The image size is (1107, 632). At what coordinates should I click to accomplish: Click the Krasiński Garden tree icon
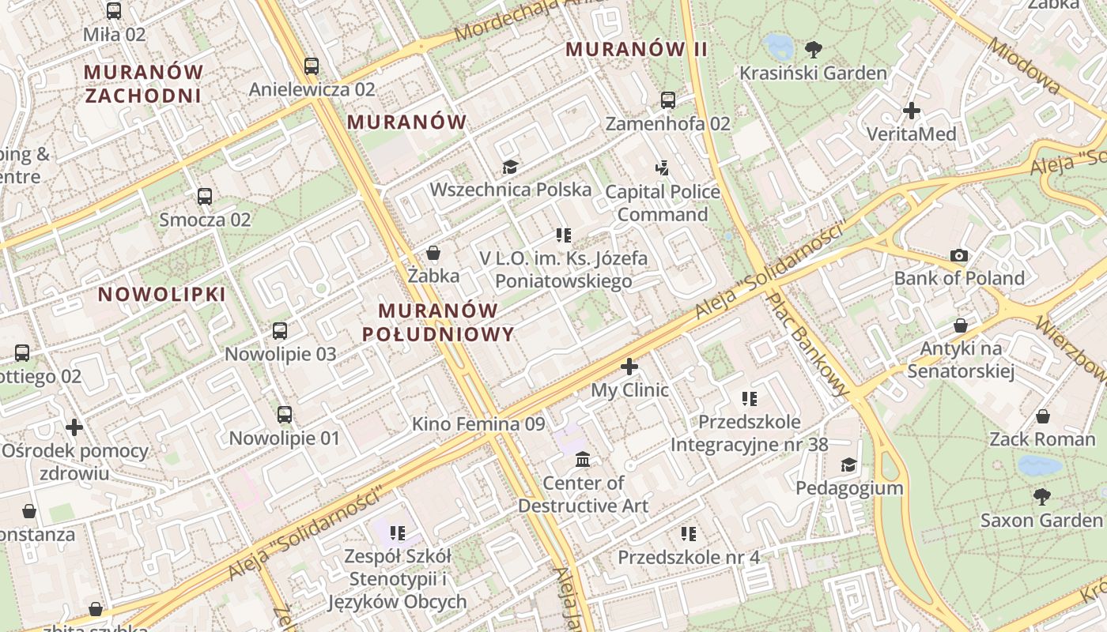pyautogui.click(x=813, y=50)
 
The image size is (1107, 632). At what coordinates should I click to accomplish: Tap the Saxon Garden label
pyautogui.click(x=1041, y=521)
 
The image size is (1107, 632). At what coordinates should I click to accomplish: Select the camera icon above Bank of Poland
pyautogui.click(x=959, y=255)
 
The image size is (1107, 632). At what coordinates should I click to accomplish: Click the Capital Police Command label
pyautogui.click(x=663, y=203)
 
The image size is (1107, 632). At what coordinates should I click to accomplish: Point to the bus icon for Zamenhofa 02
pyautogui.click(x=668, y=100)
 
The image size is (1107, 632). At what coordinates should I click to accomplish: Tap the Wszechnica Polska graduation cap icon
pyautogui.click(x=510, y=167)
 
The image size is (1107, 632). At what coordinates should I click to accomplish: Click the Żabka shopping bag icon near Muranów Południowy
pyautogui.click(x=433, y=253)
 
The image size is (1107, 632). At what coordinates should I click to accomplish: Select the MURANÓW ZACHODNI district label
pyautogui.click(x=143, y=84)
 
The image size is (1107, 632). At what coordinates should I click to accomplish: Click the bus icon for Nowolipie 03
pyautogui.click(x=280, y=331)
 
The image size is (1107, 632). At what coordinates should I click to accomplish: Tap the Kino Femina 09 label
pyautogui.click(x=478, y=424)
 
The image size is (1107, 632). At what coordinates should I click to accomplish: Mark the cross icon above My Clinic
pyautogui.click(x=629, y=367)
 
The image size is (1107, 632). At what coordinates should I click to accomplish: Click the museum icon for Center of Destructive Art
pyautogui.click(x=583, y=460)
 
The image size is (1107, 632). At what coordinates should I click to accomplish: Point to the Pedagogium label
pyautogui.click(x=849, y=488)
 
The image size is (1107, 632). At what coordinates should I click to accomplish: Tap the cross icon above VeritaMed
pyautogui.click(x=912, y=111)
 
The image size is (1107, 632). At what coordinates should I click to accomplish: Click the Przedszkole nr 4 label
pyautogui.click(x=688, y=558)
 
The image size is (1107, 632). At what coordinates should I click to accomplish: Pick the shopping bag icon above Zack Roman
pyautogui.click(x=1043, y=416)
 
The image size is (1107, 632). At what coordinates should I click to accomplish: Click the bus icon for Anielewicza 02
pyautogui.click(x=312, y=66)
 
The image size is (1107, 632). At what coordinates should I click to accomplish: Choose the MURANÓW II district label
pyautogui.click(x=637, y=49)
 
